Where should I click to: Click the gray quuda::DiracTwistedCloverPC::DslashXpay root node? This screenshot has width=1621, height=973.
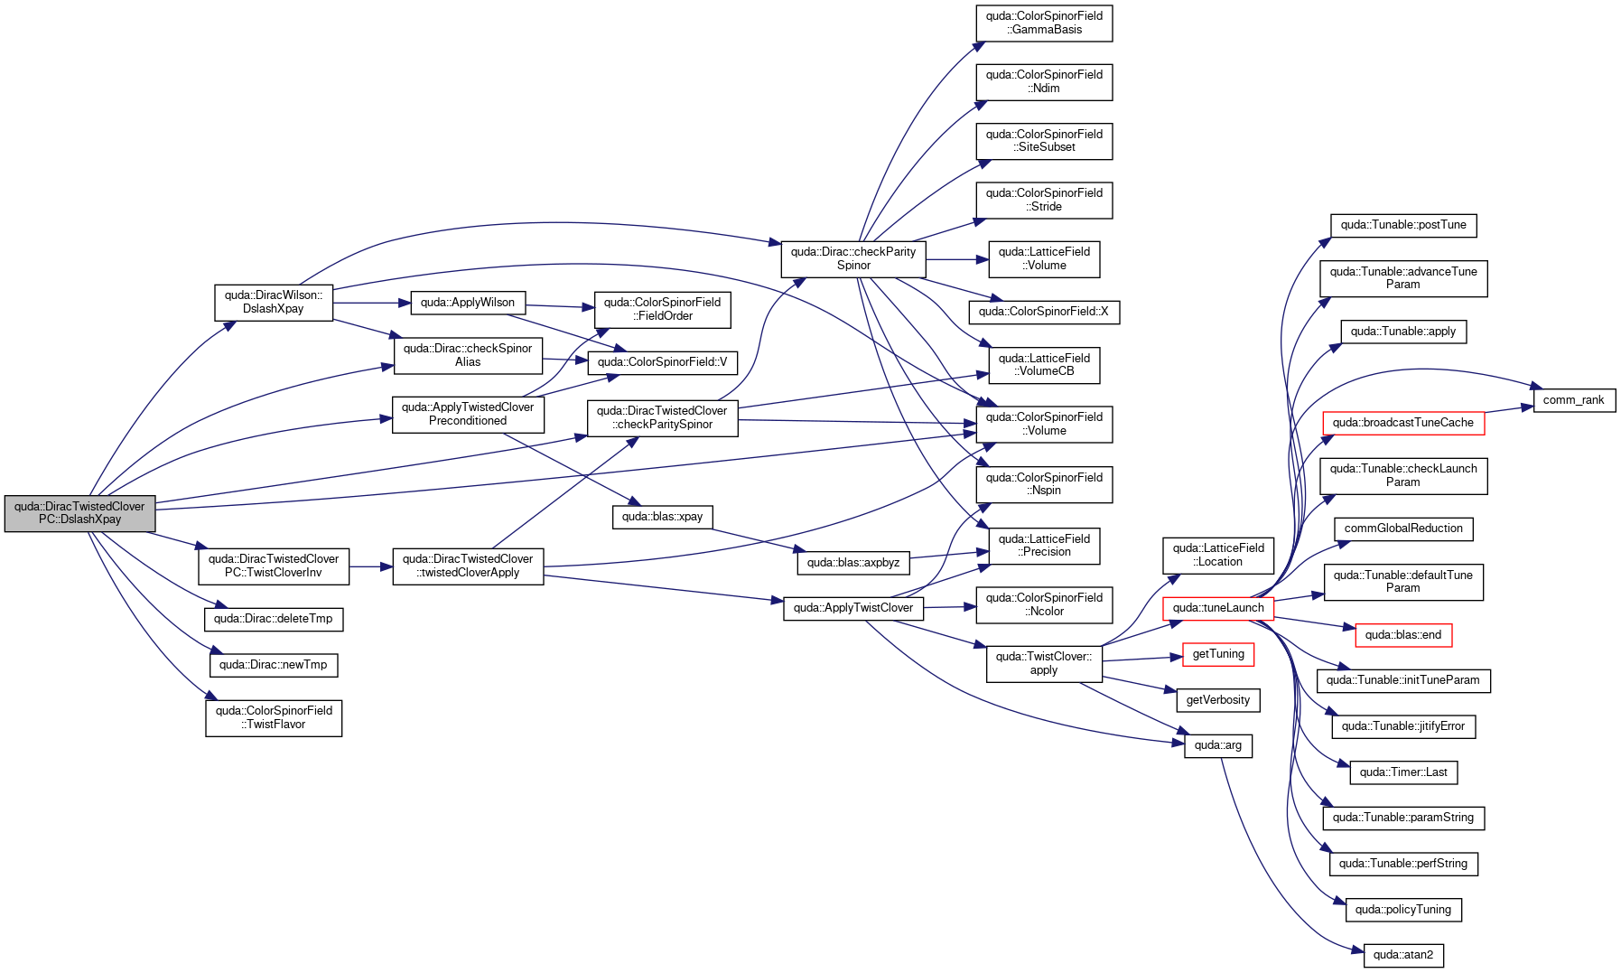tap(79, 513)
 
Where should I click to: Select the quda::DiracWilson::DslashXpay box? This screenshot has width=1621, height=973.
tap(274, 302)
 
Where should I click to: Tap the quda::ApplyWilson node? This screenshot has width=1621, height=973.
tap(468, 303)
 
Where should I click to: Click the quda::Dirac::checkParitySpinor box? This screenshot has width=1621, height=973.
tap(853, 258)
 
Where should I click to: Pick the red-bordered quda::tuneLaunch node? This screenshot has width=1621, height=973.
tap(1218, 608)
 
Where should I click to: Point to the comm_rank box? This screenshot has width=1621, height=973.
tap(1574, 400)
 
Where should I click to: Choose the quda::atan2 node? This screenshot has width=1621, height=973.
tap(1403, 955)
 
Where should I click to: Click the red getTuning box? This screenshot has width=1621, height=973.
tap(1218, 654)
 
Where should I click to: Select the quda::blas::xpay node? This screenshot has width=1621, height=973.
tap(663, 517)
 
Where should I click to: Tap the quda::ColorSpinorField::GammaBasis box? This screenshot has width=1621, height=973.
tap(1044, 23)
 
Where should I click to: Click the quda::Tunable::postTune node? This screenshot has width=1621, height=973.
tap(1403, 225)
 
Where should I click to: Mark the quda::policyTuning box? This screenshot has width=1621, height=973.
tap(1403, 910)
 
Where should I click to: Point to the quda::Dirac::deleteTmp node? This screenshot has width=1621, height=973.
tap(274, 619)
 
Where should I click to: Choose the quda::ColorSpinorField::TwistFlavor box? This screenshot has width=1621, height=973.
tap(274, 717)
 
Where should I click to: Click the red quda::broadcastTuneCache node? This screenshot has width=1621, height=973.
tap(1403, 423)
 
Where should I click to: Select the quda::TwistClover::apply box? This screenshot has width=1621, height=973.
tap(1044, 663)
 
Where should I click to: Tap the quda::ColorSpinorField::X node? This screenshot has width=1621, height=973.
tap(1044, 312)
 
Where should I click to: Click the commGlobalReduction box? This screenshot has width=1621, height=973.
tap(1403, 529)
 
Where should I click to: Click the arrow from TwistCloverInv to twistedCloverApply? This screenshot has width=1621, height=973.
tap(371, 566)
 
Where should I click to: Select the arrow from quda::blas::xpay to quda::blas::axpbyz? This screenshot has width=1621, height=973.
tap(755, 539)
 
